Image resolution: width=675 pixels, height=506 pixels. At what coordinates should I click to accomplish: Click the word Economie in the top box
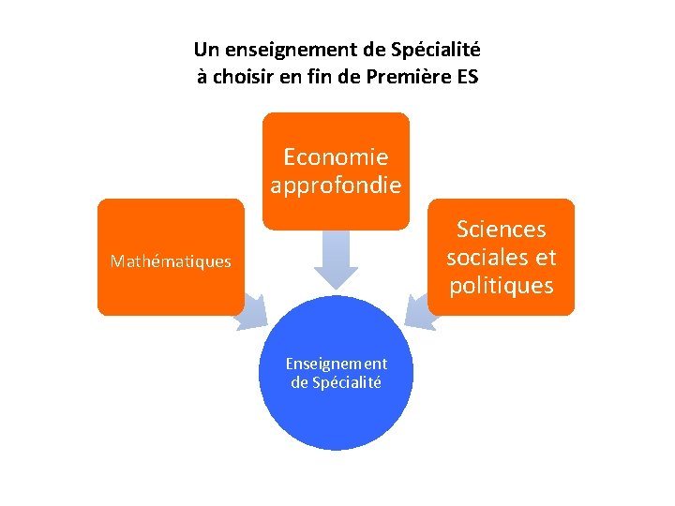336,157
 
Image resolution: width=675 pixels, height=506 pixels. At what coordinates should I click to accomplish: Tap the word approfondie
336,186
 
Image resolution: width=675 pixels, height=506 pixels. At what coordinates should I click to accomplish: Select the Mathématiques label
170,261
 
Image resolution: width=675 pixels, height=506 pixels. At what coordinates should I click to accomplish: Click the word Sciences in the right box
501,230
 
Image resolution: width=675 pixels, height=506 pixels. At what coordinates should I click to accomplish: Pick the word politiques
501,286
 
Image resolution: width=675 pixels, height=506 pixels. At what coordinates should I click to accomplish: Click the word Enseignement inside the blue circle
336,364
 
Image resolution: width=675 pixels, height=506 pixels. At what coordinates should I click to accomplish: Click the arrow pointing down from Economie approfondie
336,259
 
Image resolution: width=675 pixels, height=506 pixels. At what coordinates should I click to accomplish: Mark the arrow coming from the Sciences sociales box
421,312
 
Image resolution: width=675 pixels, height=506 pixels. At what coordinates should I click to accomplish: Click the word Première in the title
410,77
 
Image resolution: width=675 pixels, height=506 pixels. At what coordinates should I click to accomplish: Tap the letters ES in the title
466,77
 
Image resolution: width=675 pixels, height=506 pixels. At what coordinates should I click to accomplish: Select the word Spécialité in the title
438,49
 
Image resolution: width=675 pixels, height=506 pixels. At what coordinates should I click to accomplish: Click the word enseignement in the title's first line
278,49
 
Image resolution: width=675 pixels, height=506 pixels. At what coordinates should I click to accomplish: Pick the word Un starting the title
203,49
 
